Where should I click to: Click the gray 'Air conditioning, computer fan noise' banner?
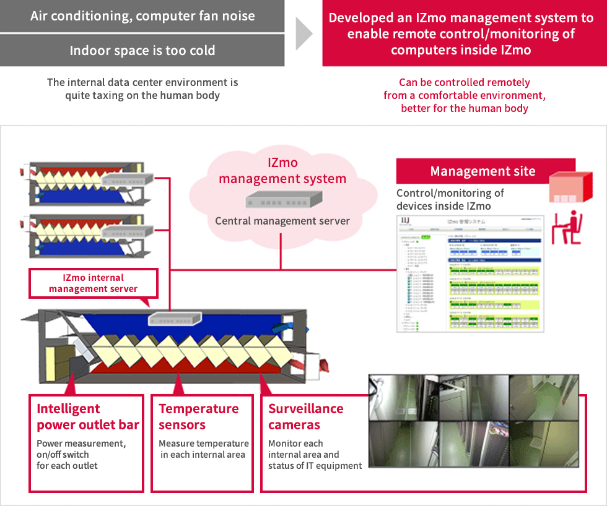point(142,16)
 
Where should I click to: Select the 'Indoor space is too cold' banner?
point(142,50)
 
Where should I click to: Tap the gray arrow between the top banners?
point(303,33)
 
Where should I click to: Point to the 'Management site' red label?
point(483,171)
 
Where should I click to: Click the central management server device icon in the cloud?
point(282,200)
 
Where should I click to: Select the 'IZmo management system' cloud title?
point(282,171)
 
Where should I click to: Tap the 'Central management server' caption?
point(282,221)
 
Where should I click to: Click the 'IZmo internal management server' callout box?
point(94,283)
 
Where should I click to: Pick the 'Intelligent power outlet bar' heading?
point(87,416)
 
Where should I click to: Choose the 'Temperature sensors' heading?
point(198,416)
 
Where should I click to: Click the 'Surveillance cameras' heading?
point(305,416)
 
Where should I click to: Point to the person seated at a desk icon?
point(568,227)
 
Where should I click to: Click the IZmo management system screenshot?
point(470,275)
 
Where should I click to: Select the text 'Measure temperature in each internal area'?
point(203,449)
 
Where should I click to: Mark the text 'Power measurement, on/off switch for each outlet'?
point(81,454)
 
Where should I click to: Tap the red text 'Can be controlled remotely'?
point(464,82)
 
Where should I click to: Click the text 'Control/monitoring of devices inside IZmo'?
point(450,199)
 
